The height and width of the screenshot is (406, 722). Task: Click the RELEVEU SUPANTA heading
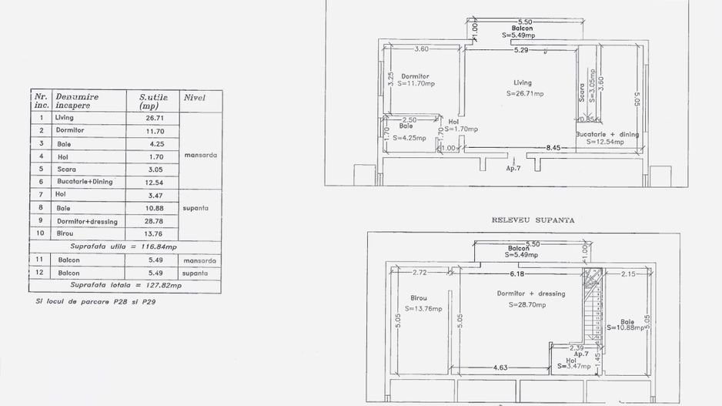tap(533, 220)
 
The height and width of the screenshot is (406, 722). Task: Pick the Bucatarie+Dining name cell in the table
tap(85, 182)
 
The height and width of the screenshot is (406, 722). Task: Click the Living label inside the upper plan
tap(523, 82)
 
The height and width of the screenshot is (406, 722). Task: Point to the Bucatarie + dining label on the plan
tap(608, 135)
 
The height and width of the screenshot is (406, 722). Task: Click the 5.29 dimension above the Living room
tap(521, 51)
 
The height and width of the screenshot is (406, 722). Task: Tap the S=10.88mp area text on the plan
tap(629, 327)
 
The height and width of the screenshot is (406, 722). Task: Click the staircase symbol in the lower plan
tap(593, 308)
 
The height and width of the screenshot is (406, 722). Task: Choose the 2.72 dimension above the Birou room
tap(419, 273)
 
